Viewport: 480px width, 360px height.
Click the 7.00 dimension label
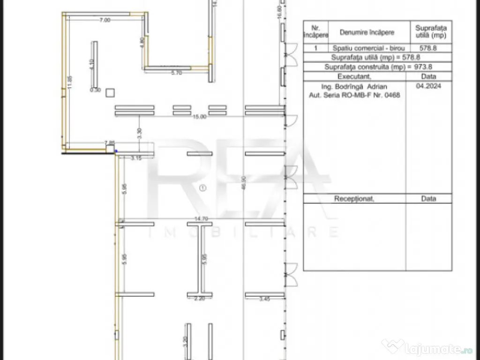coord(105,20)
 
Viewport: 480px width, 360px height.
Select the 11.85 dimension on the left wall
coord(69,82)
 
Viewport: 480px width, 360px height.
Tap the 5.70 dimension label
coord(176,73)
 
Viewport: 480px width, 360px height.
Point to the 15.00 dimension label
coord(199,117)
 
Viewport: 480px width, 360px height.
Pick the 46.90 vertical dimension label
coord(243,183)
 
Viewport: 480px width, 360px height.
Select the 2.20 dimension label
coord(200,299)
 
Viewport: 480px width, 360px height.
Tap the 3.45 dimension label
coord(264,299)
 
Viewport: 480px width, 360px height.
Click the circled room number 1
coord(202,188)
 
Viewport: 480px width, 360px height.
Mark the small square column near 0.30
coord(110,92)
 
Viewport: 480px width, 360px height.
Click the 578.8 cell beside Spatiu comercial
coord(431,48)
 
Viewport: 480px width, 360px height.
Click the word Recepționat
coord(354,199)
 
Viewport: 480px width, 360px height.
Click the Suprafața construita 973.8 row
coord(377,67)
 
